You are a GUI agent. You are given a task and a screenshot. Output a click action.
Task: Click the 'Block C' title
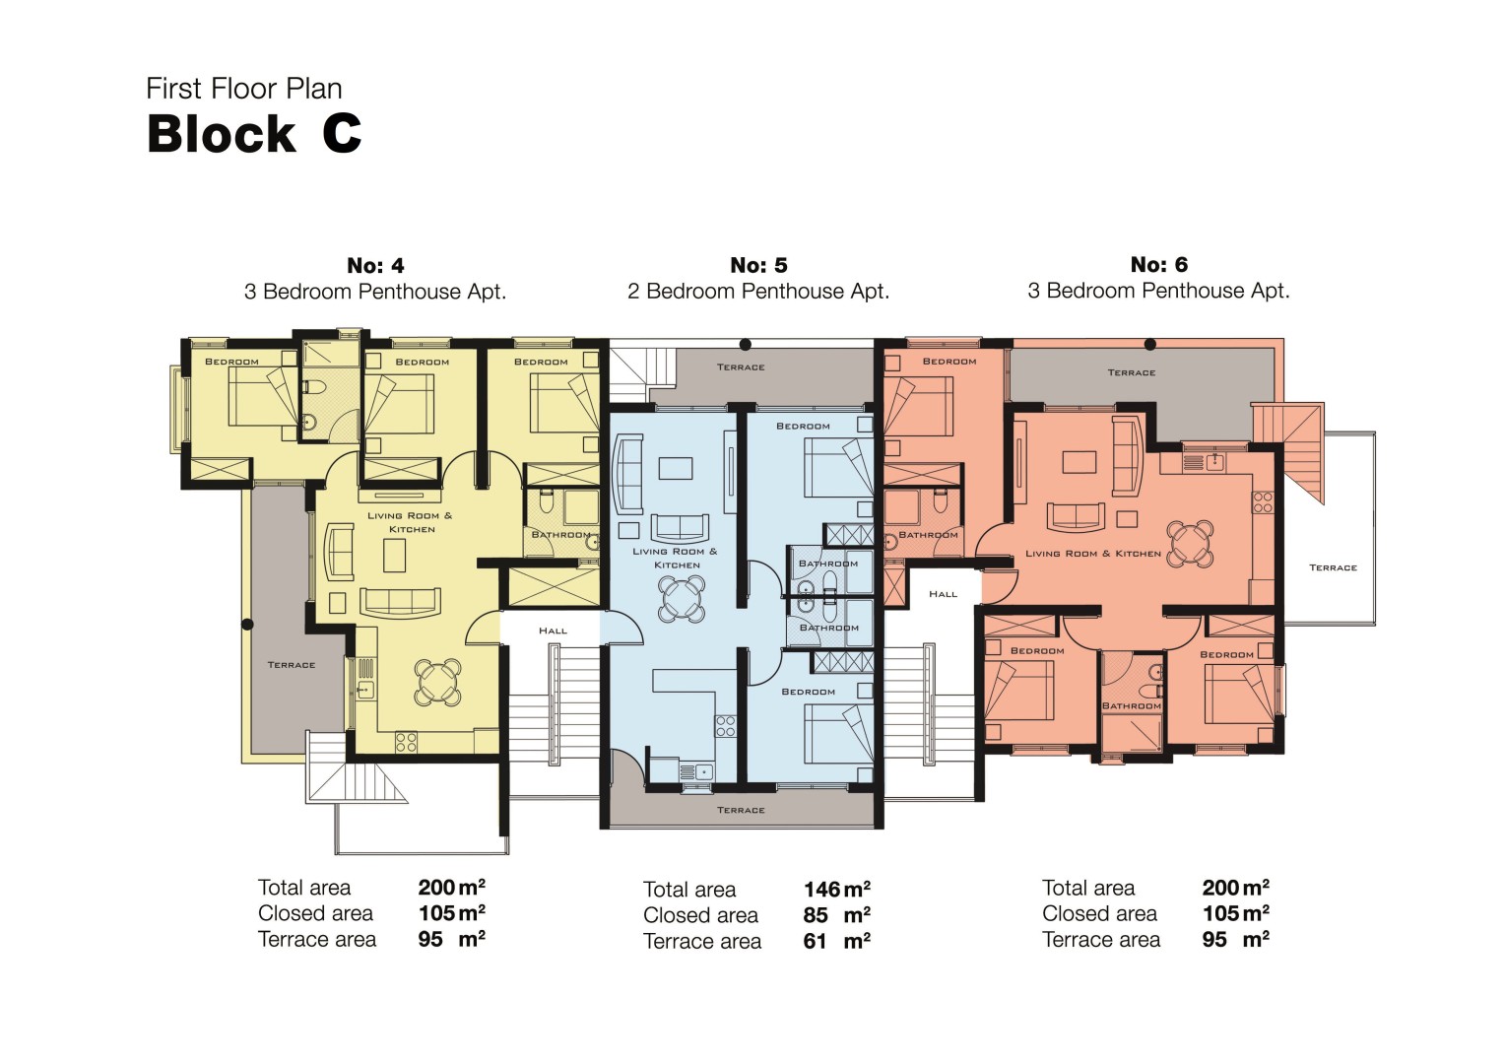pyautogui.click(x=254, y=134)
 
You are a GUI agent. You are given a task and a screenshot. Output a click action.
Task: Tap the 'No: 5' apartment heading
pyautogui.click(x=758, y=265)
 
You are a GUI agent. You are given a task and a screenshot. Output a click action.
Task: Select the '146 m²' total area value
pyautogui.click(x=836, y=890)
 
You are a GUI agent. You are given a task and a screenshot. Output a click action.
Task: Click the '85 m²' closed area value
pyautogui.click(x=836, y=915)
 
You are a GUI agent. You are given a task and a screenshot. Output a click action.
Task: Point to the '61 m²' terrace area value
pyautogui.click(x=836, y=941)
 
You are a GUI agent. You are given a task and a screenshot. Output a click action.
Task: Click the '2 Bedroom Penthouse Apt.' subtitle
pyautogui.click(x=758, y=292)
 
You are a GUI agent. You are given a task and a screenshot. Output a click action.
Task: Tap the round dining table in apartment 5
pyautogui.click(x=681, y=597)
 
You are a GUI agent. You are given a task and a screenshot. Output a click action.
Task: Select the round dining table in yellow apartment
pyautogui.click(x=437, y=682)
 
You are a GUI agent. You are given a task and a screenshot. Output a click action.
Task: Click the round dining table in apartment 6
pyautogui.click(x=1189, y=543)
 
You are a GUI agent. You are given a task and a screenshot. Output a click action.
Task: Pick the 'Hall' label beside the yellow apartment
pyautogui.click(x=553, y=631)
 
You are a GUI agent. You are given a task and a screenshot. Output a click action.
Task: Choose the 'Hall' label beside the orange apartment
pyautogui.click(x=943, y=594)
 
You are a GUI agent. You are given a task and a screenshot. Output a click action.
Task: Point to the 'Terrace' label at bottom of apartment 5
pyautogui.click(x=741, y=810)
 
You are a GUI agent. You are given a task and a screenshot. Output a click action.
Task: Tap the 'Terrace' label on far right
pyautogui.click(x=1333, y=567)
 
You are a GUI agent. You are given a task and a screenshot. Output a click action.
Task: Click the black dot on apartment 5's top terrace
pyautogui.click(x=745, y=345)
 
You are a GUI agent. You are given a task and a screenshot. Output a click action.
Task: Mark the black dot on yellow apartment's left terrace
pyautogui.click(x=247, y=624)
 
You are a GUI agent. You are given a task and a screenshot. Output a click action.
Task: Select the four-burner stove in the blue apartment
pyautogui.click(x=725, y=726)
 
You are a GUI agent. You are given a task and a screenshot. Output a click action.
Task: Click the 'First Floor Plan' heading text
pyautogui.click(x=244, y=89)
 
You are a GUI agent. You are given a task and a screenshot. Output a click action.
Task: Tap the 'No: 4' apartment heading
pyautogui.click(x=375, y=265)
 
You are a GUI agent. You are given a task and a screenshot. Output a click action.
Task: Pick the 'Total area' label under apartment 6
pyautogui.click(x=1087, y=888)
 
